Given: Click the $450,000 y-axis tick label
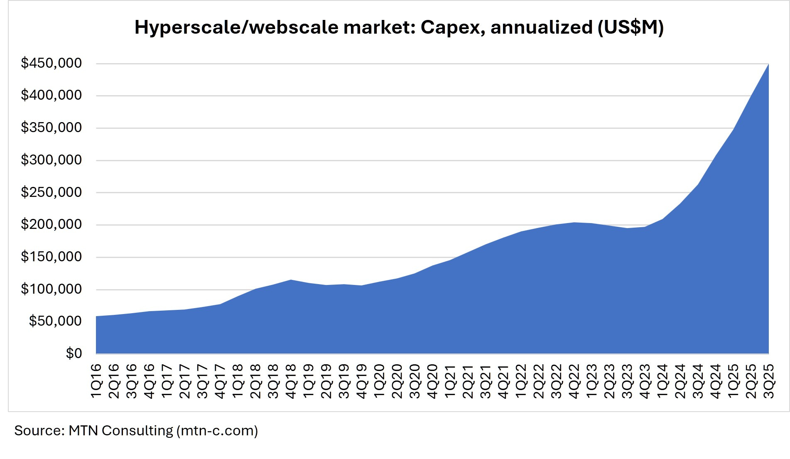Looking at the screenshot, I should [x=52, y=63].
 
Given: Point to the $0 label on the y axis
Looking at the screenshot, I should [x=74, y=353].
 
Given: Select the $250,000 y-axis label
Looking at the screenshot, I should [x=52, y=192].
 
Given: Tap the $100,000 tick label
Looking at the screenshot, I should [x=52, y=289].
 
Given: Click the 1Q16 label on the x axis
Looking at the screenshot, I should [x=96, y=381].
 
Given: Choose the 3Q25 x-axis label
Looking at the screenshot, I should [x=769, y=381].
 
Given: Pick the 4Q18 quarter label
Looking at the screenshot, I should [x=291, y=381].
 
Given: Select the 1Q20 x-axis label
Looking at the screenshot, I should [x=379, y=381].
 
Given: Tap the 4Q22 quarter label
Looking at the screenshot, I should [x=574, y=381].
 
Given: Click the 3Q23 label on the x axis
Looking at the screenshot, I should [x=627, y=381].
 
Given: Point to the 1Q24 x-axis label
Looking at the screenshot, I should [x=662, y=381].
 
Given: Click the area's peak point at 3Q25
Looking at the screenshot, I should [x=768, y=64].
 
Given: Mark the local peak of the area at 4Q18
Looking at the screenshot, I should [x=291, y=280].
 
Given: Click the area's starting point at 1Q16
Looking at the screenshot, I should [x=96, y=317].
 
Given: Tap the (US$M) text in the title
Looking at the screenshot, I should [x=631, y=27].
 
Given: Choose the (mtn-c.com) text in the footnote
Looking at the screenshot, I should [x=217, y=431].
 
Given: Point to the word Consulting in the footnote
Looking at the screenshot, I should [x=137, y=431].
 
